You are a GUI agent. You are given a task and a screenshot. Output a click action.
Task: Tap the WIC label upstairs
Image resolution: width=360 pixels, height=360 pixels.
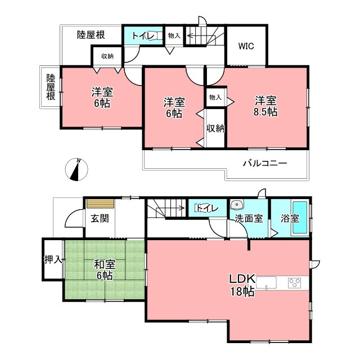[x=246, y=47]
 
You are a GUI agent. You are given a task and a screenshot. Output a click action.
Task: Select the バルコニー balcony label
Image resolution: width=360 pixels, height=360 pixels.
[x=265, y=164]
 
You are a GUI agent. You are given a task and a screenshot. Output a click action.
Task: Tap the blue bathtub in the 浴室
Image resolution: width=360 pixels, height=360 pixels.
[x=300, y=218]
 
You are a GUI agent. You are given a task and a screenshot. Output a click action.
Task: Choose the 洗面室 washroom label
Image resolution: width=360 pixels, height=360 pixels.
[x=249, y=219]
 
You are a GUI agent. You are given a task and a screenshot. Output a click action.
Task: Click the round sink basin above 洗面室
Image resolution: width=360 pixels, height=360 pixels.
[x=237, y=205]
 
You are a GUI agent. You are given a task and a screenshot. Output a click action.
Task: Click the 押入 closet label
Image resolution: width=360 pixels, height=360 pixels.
[x=53, y=260]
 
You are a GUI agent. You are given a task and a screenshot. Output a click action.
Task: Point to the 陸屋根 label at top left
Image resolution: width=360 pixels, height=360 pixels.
[x=91, y=35]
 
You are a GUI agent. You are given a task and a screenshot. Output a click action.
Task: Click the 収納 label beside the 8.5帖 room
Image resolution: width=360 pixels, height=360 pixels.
[x=215, y=128]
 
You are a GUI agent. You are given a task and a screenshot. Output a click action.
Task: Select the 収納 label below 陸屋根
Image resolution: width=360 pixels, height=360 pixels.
[x=107, y=56]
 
